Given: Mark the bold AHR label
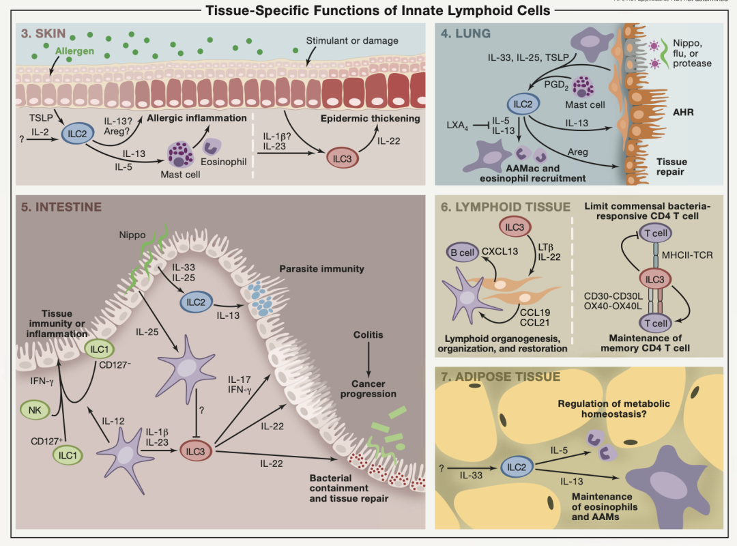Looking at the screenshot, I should point(683,112).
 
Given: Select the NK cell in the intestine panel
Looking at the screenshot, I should point(34,411).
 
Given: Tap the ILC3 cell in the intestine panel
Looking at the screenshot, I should point(196,450).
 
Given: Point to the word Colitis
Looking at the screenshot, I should point(369,335).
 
